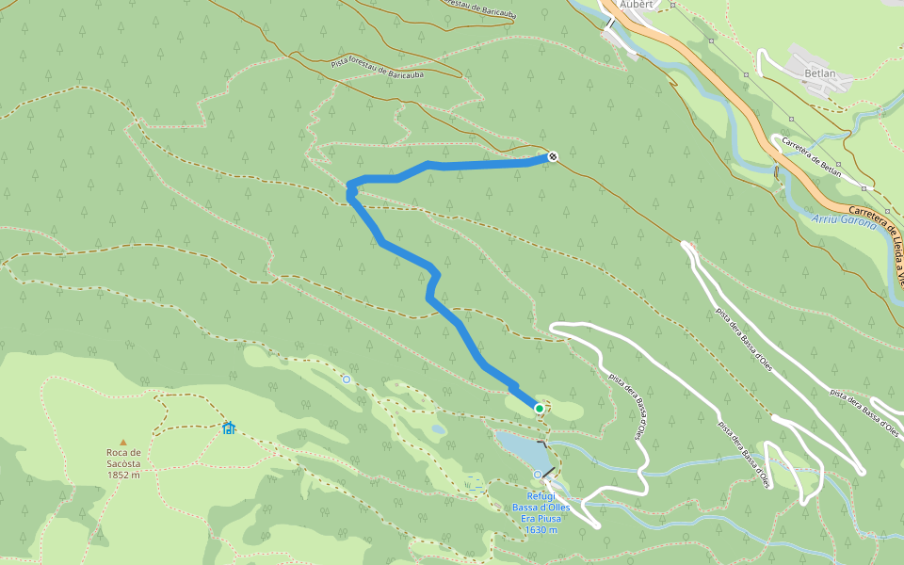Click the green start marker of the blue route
tap(539, 408)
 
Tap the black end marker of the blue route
tap(553, 156)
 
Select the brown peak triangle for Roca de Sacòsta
tap(122, 442)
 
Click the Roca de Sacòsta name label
tap(122, 458)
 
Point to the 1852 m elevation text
tap(122, 475)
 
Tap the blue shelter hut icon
tap(228, 428)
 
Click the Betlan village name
tap(820, 72)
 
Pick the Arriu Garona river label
tap(843, 224)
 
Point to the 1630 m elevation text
tap(541, 530)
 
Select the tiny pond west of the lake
tap(439, 429)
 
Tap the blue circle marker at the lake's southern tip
tap(538, 474)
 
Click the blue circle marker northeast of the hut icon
tap(346, 379)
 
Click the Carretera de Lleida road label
tap(876, 226)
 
